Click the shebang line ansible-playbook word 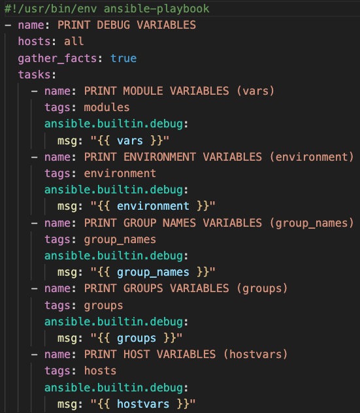pos(156,9)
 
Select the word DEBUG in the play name pos(114,25)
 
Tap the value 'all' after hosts pos(74,42)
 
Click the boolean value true pos(123,58)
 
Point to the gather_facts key pos(57,58)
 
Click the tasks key pos(34,74)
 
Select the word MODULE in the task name pos(143,91)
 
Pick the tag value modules pos(106,107)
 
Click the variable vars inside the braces pos(130,140)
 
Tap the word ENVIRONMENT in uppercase pos(159,157)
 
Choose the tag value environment pos(120,174)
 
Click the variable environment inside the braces pos(153,206)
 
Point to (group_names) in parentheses pos(311,223)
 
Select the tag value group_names pos(120,240)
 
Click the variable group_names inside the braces pos(153,273)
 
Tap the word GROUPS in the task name pos(143,288)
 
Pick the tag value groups pos(103,306)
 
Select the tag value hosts pos(100,371)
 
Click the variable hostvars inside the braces pos(143,404)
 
